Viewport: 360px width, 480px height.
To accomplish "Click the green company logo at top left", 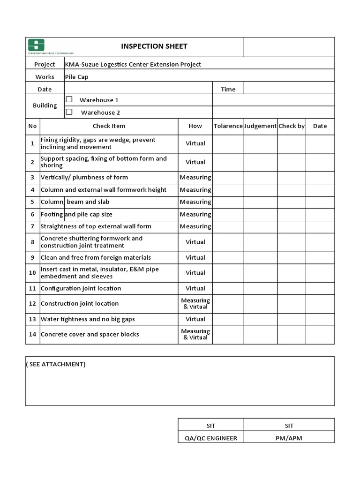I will click(36, 45).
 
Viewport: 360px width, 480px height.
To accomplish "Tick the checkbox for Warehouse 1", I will click(69, 99).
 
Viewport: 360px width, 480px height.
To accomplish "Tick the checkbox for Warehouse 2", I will click(69, 112).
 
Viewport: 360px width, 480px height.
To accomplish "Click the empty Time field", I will click(289, 89).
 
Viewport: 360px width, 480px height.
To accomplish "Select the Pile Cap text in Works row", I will click(76, 77).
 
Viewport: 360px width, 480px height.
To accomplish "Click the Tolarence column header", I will click(228, 126).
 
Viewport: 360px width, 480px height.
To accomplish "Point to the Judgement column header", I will click(260, 126).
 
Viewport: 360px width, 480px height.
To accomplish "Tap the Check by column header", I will click(292, 126).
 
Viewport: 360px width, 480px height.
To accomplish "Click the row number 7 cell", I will click(32, 226).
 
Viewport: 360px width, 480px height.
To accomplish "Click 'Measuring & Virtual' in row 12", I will click(195, 304).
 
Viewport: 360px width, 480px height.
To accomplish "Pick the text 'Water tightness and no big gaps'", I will click(88, 319).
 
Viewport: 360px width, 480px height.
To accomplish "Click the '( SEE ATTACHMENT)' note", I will click(56, 364).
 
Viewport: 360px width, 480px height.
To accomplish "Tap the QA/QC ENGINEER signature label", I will click(210, 438).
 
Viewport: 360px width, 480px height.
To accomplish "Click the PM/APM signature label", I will click(289, 438).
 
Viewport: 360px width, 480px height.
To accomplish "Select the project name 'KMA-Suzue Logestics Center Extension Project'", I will click(133, 64).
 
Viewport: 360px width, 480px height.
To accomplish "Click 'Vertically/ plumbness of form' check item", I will click(84, 178).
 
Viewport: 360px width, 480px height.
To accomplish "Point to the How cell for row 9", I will click(195, 258).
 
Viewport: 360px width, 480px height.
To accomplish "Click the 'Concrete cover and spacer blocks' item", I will click(90, 335).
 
